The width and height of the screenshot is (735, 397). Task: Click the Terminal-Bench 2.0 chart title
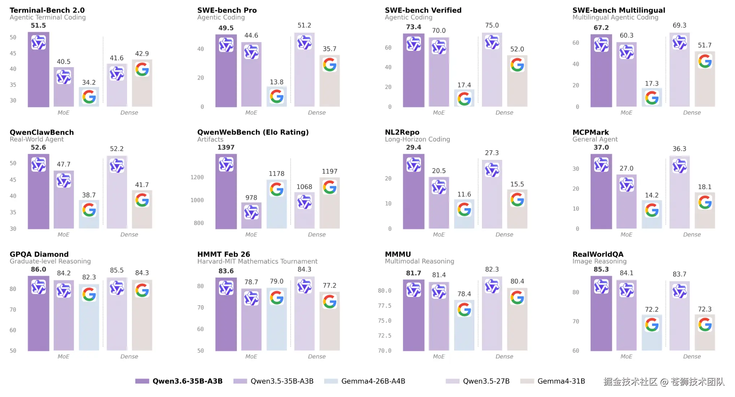tap(47, 10)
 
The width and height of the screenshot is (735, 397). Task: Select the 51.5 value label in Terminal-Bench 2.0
tap(38, 26)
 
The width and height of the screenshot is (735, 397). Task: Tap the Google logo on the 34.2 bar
tap(89, 97)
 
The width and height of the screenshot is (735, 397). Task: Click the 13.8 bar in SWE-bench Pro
tap(277, 97)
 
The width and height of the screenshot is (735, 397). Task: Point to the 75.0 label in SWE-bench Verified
tap(492, 25)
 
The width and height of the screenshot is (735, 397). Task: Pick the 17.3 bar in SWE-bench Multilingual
tap(652, 97)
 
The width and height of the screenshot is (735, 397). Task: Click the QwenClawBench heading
tap(42, 132)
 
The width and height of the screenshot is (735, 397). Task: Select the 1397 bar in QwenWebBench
tap(226, 191)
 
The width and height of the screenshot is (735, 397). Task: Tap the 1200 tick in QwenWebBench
tap(197, 177)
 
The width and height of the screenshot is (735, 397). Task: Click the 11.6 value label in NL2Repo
tap(464, 195)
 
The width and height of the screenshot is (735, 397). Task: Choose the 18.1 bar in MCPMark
tap(705, 210)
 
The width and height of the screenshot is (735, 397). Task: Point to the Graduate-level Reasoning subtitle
tap(50, 261)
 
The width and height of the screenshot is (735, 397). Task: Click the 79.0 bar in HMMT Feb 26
tap(277, 319)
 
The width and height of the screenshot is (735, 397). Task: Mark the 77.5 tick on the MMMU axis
tap(384, 306)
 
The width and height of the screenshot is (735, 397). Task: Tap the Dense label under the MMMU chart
tap(504, 357)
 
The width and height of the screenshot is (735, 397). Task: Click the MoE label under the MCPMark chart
tap(626, 235)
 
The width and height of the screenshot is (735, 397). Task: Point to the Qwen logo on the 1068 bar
tap(304, 202)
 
